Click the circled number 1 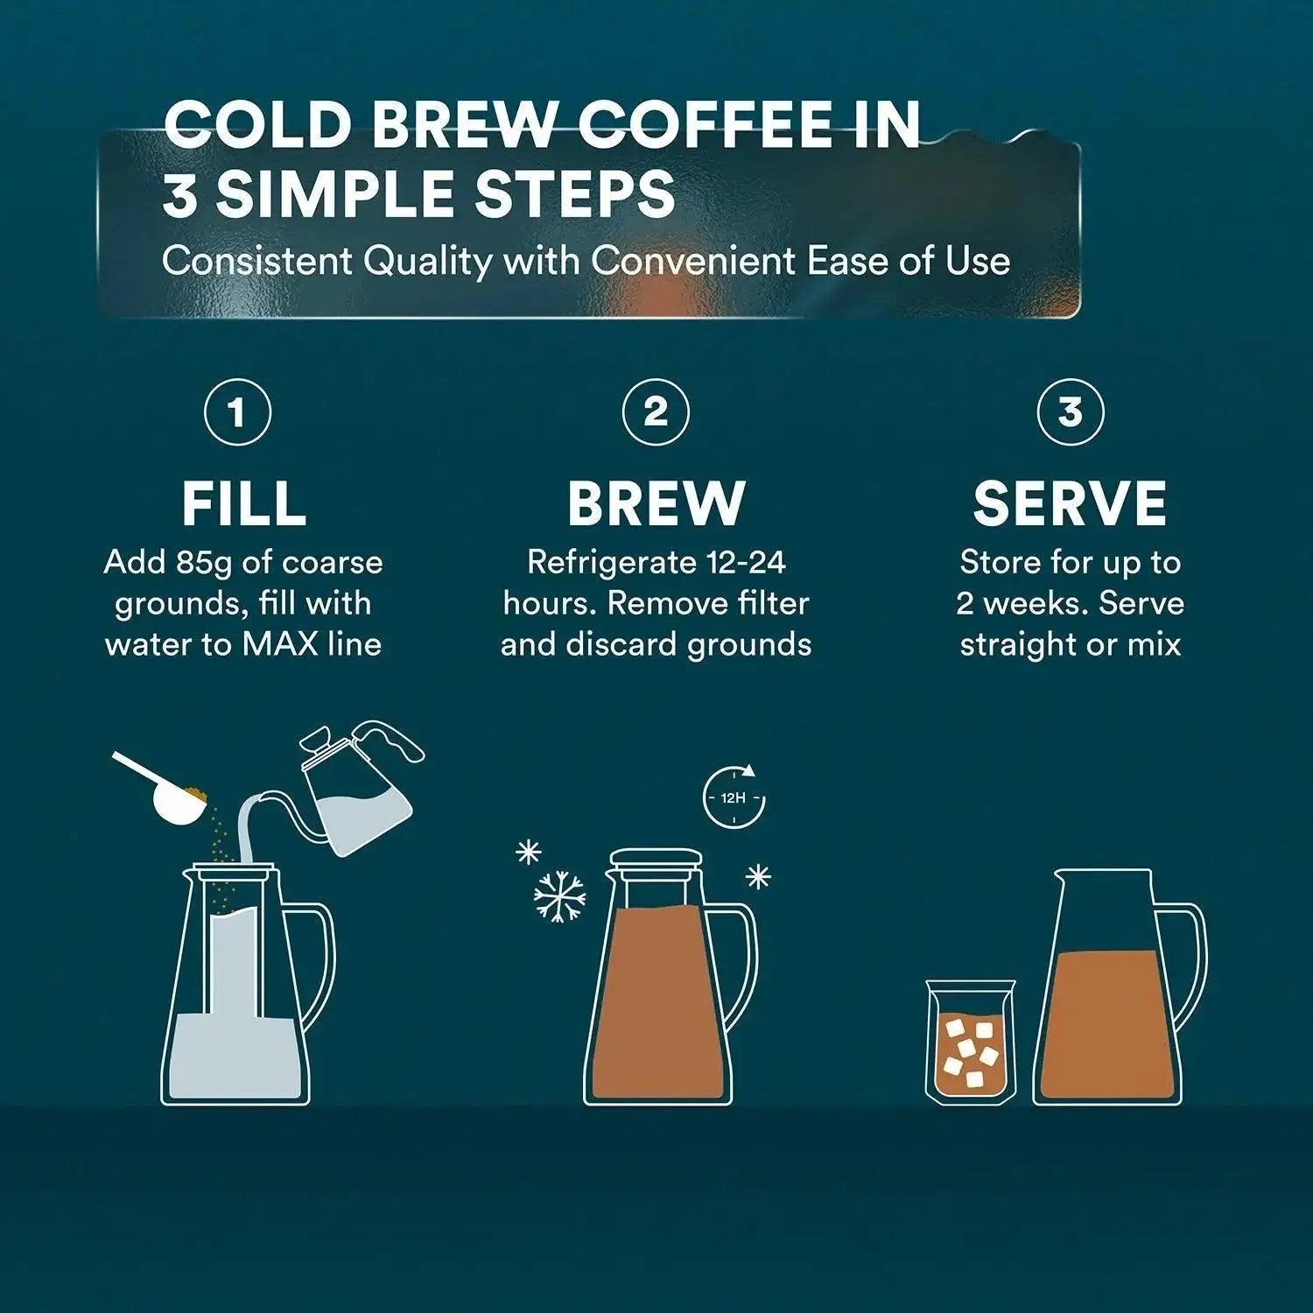[x=237, y=412]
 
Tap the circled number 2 [x=656, y=412]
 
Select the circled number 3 [x=1070, y=412]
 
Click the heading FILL [x=243, y=503]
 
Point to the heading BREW [x=656, y=503]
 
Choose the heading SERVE [x=1070, y=503]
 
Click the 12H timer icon [x=734, y=797]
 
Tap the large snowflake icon [x=559, y=896]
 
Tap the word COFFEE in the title [x=706, y=125]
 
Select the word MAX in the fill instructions [x=280, y=644]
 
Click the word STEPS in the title [x=574, y=194]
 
